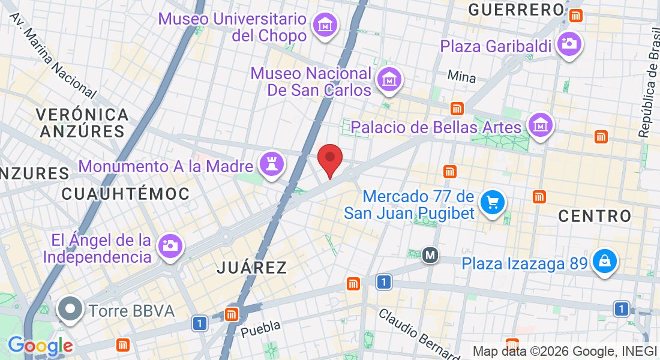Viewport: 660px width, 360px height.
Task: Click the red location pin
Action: [329, 160]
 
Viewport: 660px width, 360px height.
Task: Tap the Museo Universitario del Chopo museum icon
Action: [325, 25]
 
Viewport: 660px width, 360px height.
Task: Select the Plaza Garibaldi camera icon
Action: [569, 44]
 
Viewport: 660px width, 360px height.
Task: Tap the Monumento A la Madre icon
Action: [271, 163]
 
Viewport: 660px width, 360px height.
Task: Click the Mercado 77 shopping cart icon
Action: [493, 202]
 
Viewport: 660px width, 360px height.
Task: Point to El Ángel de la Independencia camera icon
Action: [170, 245]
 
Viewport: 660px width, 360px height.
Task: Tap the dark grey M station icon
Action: [430, 256]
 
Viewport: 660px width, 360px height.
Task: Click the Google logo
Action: [40, 346]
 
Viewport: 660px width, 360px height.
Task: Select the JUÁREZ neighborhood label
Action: [252, 268]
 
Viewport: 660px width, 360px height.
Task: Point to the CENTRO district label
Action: [595, 216]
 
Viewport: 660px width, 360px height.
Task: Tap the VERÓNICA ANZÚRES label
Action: [82, 122]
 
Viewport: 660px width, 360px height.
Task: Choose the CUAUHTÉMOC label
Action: [125, 193]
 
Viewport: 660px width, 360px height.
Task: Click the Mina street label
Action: [461, 77]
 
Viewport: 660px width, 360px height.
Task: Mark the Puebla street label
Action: [260, 328]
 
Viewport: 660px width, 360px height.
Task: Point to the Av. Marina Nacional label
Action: [53, 54]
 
